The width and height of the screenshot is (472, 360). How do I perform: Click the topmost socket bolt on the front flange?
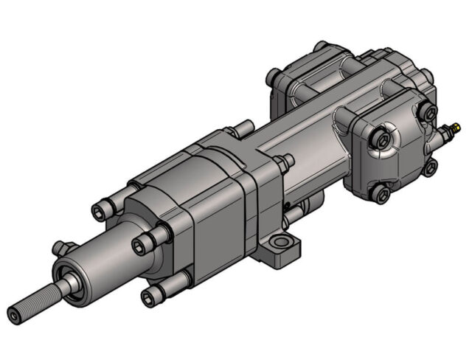click(x=100, y=212)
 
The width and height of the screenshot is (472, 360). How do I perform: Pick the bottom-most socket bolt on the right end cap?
click(x=380, y=194)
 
